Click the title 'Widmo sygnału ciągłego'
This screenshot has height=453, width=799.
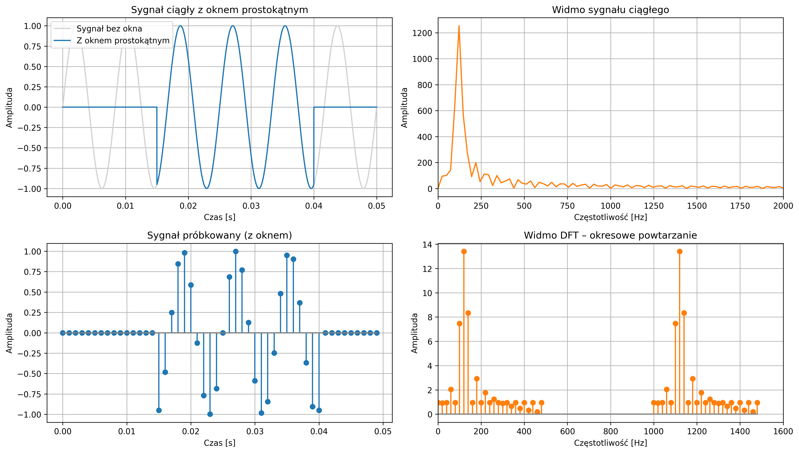pos(610,10)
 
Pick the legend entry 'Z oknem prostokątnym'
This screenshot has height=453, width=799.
pos(123,40)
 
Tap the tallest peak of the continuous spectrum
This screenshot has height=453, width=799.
pos(459,26)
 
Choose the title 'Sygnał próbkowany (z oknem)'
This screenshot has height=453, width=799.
pos(219,236)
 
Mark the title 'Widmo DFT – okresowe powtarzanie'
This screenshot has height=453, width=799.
pos(610,236)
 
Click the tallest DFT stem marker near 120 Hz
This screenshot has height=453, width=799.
pos(464,251)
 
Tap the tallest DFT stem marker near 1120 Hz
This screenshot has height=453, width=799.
pos(680,251)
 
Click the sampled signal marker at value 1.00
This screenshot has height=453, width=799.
pos(236,251)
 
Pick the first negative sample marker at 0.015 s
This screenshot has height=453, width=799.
pos(159,410)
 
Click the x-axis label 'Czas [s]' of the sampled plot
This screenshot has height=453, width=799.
pos(219,443)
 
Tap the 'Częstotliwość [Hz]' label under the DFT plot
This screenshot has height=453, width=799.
pos(610,443)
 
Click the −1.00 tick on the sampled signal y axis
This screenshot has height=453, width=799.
pos(29,414)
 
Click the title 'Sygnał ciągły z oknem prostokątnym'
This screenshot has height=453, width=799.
pos(219,10)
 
